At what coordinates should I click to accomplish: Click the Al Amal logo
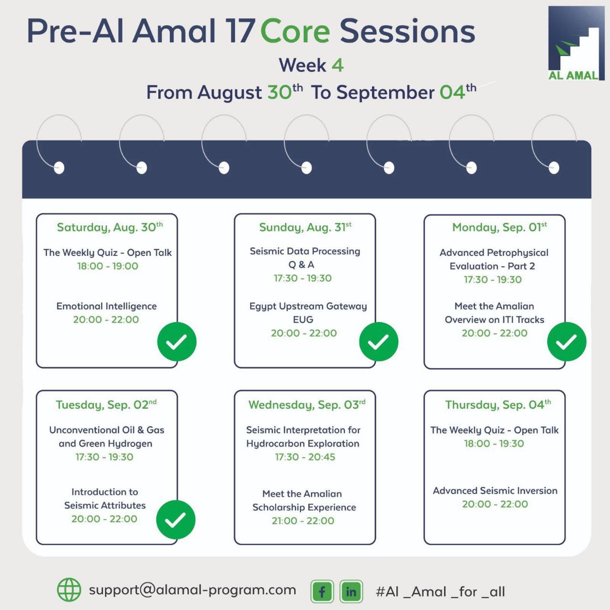click(x=576, y=43)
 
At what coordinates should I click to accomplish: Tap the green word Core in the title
click(x=295, y=31)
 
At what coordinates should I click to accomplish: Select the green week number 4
click(x=338, y=65)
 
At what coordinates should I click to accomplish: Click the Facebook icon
click(x=322, y=591)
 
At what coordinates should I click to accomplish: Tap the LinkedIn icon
click(x=351, y=591)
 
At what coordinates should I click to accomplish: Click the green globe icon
click(x=69, y=590)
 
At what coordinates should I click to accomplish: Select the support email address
click(x=192, y=590)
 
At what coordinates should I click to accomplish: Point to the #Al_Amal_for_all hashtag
click(x=440, y=591)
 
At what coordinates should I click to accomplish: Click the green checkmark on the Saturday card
click(x=177, y=342)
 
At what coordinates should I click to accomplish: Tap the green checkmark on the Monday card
click(x=567, y=342)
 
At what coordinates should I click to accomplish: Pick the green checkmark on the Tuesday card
click(x=176, y=519)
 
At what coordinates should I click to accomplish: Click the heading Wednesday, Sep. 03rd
click(x=307, y=405)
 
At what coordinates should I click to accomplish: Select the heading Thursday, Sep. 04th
click(x=498, y=405)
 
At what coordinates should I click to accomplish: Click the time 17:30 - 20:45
click(x=305, y=457)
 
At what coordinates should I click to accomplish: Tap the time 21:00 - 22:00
click(x=303, y=521)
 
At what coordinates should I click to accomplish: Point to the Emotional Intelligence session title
click(x=106, y=306)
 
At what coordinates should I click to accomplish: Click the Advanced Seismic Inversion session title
click(x=495, y=491)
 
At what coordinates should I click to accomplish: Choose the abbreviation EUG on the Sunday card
click(x=303, y=319)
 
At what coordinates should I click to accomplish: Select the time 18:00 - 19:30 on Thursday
click(x=494, y=444)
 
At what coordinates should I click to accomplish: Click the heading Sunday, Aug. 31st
click(x=305, y=227)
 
